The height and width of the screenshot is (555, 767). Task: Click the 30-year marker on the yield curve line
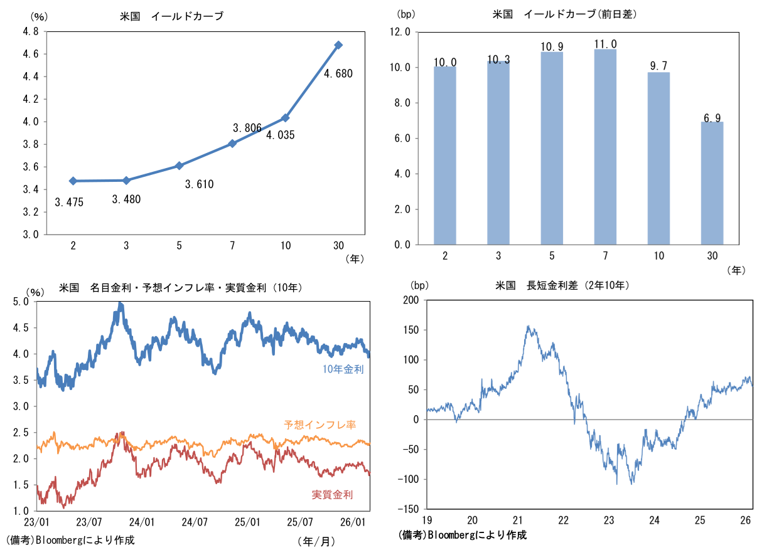tap(338, 45)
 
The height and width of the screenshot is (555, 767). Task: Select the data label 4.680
tap(338, 73)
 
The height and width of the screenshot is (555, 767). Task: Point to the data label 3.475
tap(69, 202)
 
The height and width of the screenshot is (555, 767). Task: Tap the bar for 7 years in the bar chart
tap(605, 146)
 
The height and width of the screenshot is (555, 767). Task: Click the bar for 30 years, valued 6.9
tap(712, 182)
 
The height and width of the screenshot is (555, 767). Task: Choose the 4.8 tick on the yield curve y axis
tap(29, 31)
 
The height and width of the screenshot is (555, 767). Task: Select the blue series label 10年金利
tap(343, 369)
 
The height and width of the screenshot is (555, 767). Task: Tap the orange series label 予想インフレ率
tap(320, 425)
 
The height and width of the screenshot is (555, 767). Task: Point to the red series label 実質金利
tap(332, 495)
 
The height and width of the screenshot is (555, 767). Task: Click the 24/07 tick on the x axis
tap(195, 522)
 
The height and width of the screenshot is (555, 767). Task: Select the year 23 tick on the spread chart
tap(609, 520)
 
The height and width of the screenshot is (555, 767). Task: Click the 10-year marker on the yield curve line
tap(286, 118)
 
